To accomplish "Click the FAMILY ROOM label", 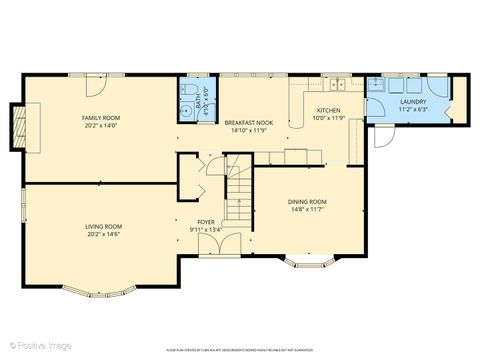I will tap(100, 118).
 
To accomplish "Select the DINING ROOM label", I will tap(307, 203).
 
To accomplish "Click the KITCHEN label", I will tap(328, 110).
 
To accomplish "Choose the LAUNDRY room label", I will tap(413, 101).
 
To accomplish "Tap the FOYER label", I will tap(205, 223).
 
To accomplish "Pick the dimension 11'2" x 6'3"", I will tap(413, 108).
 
